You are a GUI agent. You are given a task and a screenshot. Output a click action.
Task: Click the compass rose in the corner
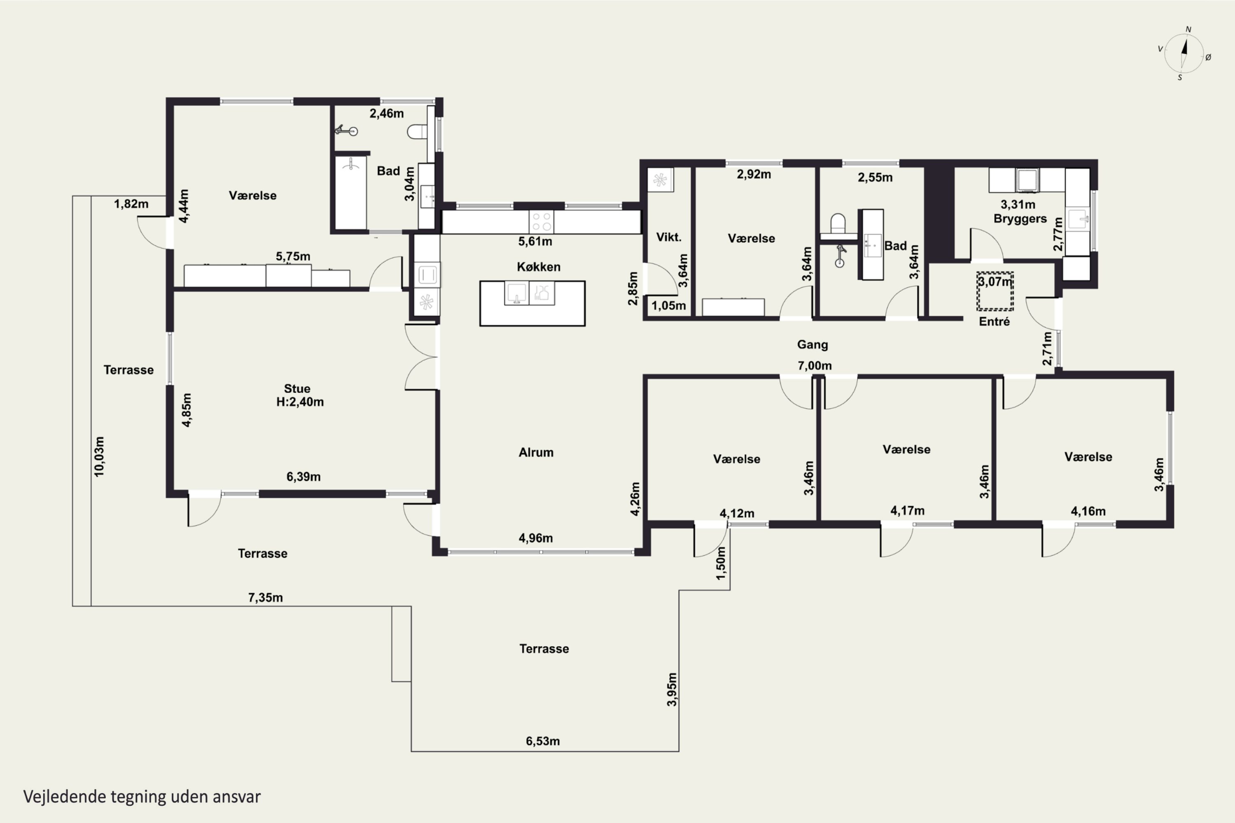click(x=1184, y=53)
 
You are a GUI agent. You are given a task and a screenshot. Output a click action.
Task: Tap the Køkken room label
click(x=539, y=267)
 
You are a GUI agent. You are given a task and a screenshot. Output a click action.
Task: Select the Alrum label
click(x=536, y=452)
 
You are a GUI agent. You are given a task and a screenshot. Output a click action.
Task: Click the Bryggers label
click(x=1020, y=219)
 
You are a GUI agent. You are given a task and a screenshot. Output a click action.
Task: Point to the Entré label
click(x=995, y=321)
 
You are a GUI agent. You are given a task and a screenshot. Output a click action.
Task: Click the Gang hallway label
click(x=812, y=345)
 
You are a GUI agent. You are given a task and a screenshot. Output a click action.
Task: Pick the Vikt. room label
click(x=669, y=237)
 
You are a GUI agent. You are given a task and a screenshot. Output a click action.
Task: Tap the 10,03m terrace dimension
click(x=99, y=457)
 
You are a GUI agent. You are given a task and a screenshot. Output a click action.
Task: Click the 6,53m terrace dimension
click(x=543, y=741)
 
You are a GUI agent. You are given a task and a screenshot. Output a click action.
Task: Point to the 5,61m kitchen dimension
click(x=535, y=242)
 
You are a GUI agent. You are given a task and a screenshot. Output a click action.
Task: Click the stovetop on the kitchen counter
click(x=541, y=221)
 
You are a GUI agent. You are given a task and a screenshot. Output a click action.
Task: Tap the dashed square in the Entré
click(x=995, y=291)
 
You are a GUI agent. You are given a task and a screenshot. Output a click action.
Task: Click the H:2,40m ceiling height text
click(x=300, y=402)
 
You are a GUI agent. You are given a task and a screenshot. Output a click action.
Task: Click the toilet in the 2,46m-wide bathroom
click(x=418, y=131)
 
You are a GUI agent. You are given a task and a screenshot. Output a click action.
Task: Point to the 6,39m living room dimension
click(x=303, y=477)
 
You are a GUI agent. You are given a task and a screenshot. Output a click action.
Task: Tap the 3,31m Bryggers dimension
click(x=1018, y=205)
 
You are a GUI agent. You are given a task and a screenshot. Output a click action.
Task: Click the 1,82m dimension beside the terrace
click(x=131, y=204)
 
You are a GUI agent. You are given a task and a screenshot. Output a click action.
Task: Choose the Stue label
click(x=297, y=389)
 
